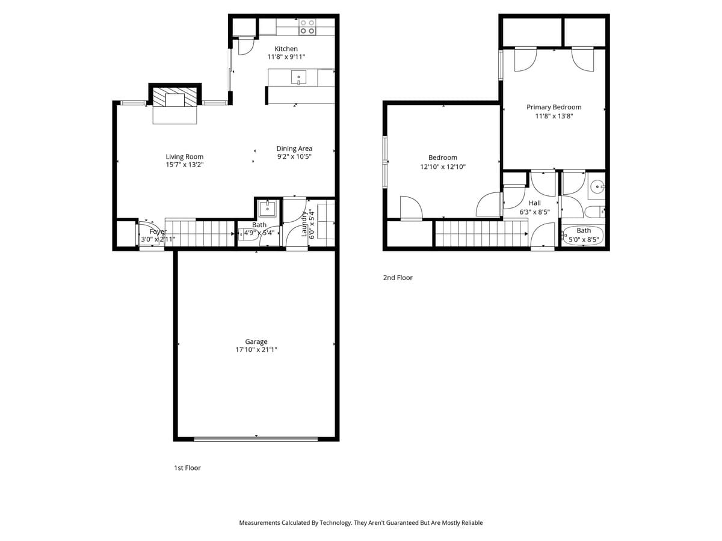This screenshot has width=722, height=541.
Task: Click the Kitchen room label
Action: (286, 49)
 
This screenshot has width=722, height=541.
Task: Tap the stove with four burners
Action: (307, 26)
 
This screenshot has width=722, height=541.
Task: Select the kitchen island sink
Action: (298, 77)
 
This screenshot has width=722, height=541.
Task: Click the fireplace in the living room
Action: (174, 99)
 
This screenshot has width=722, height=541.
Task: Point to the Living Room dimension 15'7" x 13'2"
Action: (185, 165)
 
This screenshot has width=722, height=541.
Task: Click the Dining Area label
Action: (294, 148)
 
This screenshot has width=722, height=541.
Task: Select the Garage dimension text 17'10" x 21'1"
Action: (256, 350)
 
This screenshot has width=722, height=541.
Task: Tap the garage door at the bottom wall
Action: (256, 439)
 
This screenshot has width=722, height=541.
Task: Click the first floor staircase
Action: (199, 233)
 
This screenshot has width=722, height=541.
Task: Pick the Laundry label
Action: (304, 224)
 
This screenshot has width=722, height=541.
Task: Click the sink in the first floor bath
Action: (267, 209)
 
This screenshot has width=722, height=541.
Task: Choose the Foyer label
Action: (158, 231)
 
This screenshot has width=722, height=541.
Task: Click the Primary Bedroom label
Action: (554, 107)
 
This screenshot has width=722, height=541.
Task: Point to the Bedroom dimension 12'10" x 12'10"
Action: (443, 167)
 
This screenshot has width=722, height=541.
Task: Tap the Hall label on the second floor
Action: (534, 203)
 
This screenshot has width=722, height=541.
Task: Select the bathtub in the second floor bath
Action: (583, 234)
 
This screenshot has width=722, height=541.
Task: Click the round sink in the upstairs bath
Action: (596, 186)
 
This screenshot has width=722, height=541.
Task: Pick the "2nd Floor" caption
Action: (398, 278)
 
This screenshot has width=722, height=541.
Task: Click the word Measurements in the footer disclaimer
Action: (259, 523)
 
